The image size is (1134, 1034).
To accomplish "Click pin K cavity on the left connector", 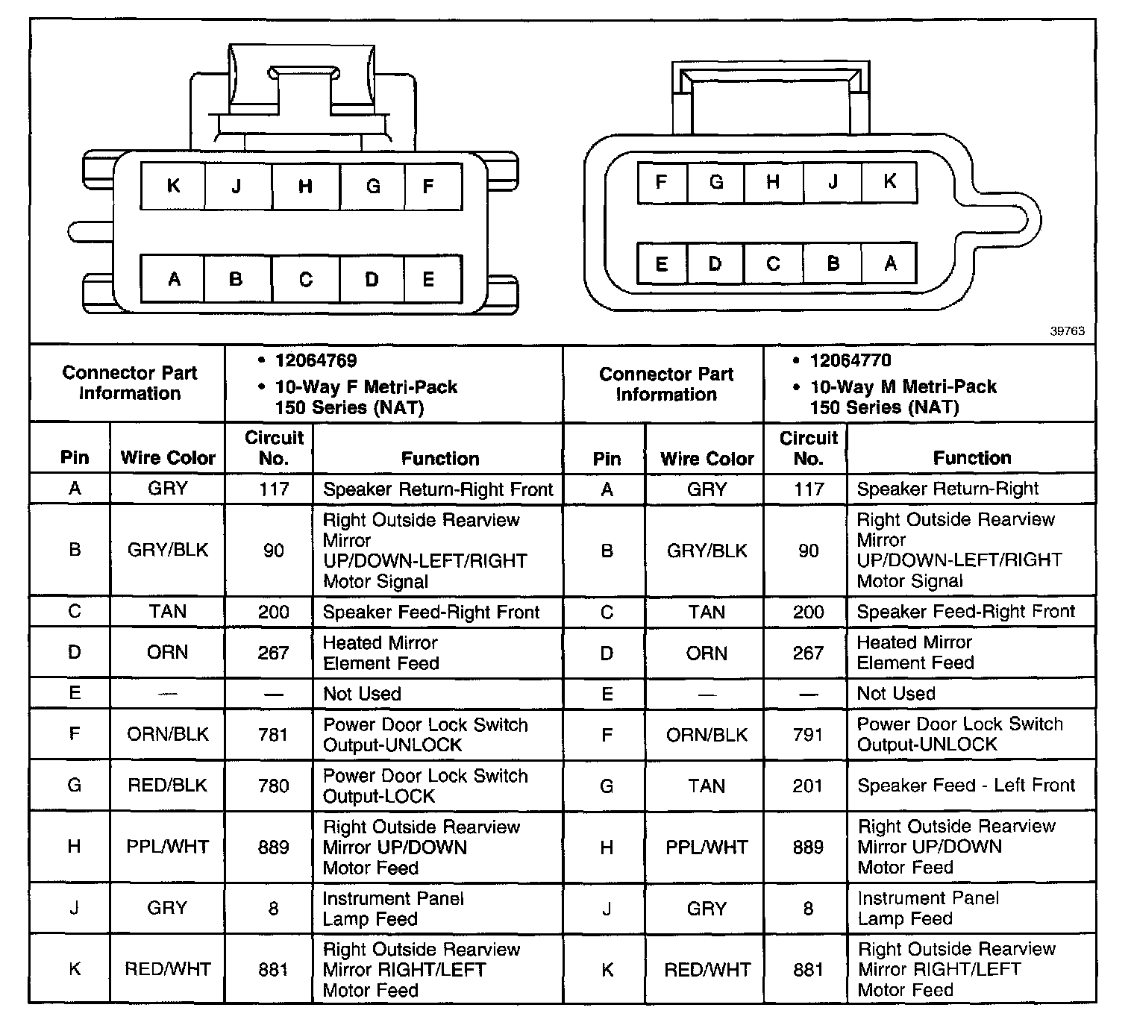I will [x=173, y=186].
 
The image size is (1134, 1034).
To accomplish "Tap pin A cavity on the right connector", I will [x=889, y=263].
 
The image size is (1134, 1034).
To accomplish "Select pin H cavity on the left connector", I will [x=305, y=186].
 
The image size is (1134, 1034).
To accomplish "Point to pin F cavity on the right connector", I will [x=661, y=182].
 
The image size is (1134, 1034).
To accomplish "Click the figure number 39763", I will [x=1067, y=331].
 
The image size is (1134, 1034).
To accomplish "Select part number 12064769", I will [x=316, y=361].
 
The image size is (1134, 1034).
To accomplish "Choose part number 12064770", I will [x=850, y=361].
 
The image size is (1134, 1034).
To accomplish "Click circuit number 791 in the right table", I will [x=808, y=735].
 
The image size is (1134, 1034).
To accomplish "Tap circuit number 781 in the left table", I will [x=273, y=735].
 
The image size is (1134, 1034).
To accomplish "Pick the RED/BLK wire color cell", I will [x=168, y=786].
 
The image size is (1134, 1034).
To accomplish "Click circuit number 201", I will [x=808, y=786].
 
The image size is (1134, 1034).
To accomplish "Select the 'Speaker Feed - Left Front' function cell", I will [x=966, y=786].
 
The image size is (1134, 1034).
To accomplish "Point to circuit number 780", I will [x=273, y=786].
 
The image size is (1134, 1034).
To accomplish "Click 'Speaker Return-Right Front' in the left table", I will [x=438, y=489].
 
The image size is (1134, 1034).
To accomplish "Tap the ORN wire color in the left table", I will [x=168, y=653].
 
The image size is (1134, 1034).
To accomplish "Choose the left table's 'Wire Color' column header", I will [x=168, y=457].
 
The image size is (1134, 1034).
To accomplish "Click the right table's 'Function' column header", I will [x=971, y=458].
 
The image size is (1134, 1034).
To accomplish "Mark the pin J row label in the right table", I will [x=607, y=909].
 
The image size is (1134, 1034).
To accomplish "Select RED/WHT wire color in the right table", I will [x=707, y=969].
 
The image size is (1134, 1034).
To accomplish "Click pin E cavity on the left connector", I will [x=428, y=280].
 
